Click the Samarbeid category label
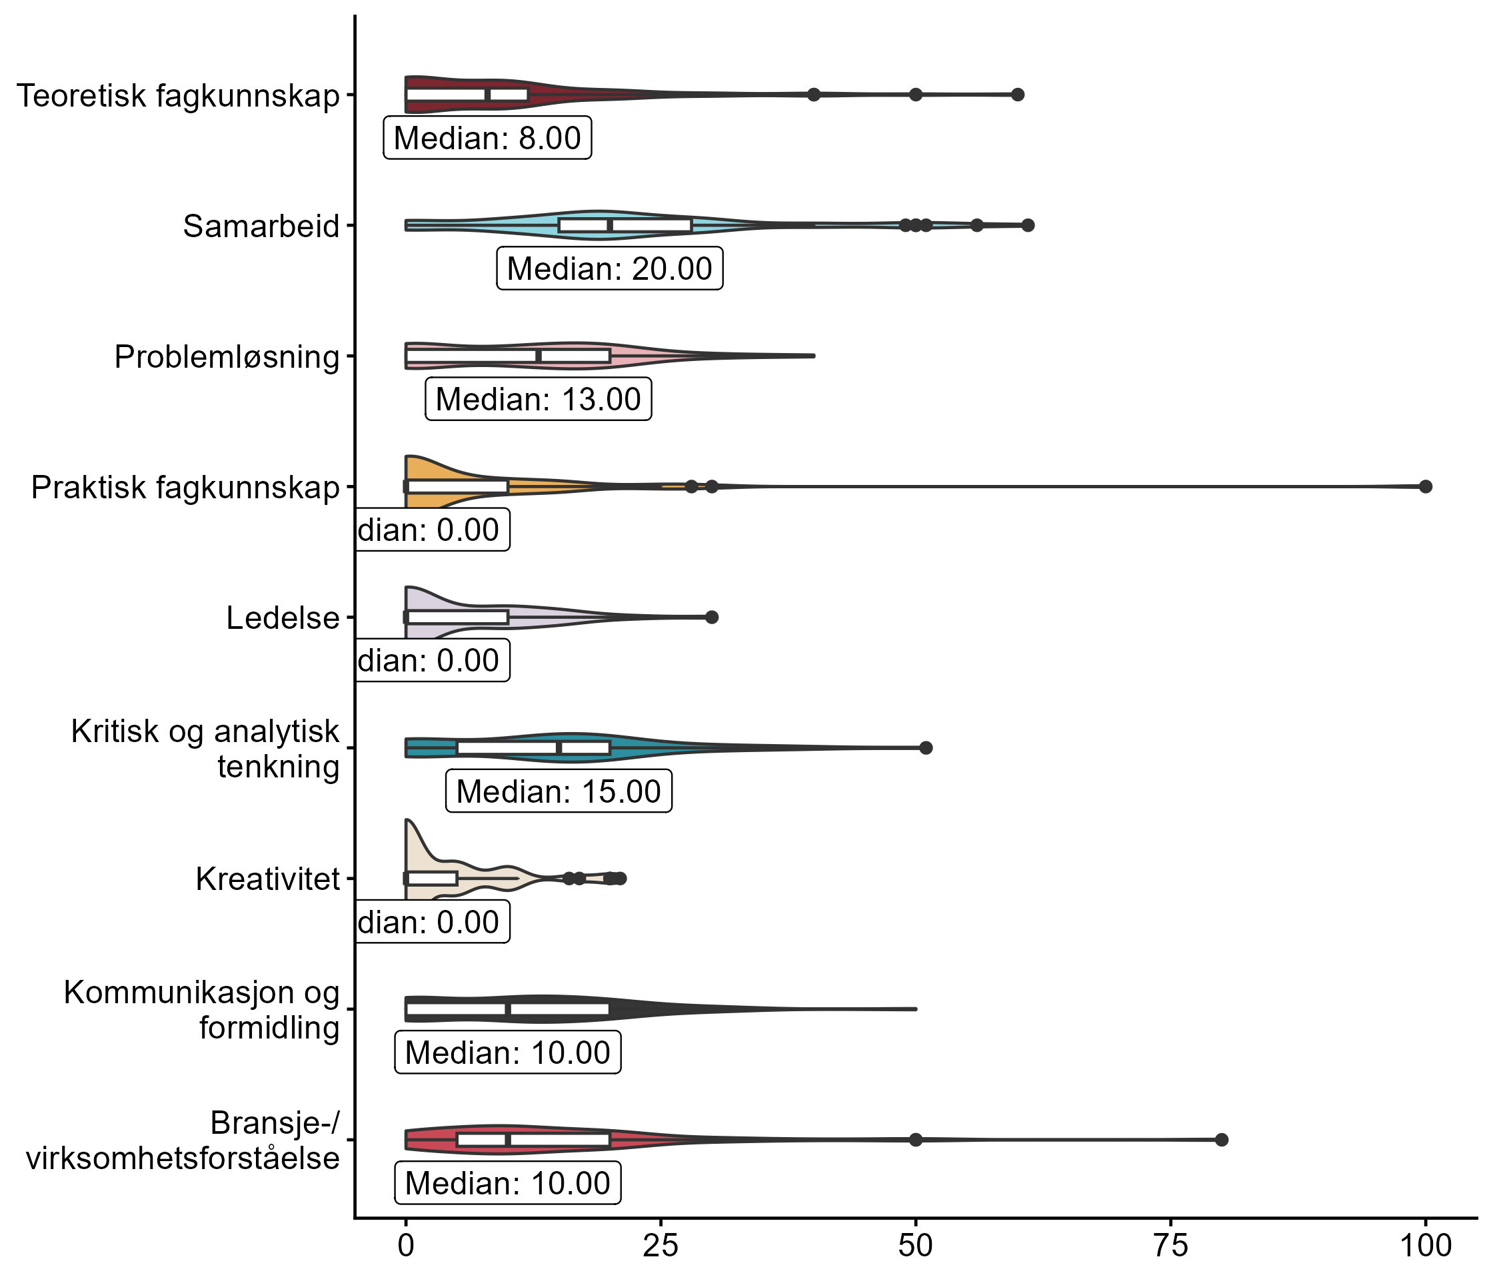261,226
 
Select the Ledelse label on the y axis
283,618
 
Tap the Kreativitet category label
267,879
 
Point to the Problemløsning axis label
226,357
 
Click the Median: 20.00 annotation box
610,268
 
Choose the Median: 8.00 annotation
487,137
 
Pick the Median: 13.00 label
539,399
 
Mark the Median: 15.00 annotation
559,791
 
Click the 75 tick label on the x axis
1171,1246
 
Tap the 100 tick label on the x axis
1425,1246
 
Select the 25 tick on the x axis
661,1246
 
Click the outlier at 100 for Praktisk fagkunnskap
1425,487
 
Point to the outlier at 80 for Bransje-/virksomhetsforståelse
1221,1140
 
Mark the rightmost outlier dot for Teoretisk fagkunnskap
1017,95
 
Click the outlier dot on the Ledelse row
712,617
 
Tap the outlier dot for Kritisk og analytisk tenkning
926,748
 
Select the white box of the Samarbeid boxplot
625,225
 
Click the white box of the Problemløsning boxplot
508,356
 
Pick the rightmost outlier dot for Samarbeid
1028,225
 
